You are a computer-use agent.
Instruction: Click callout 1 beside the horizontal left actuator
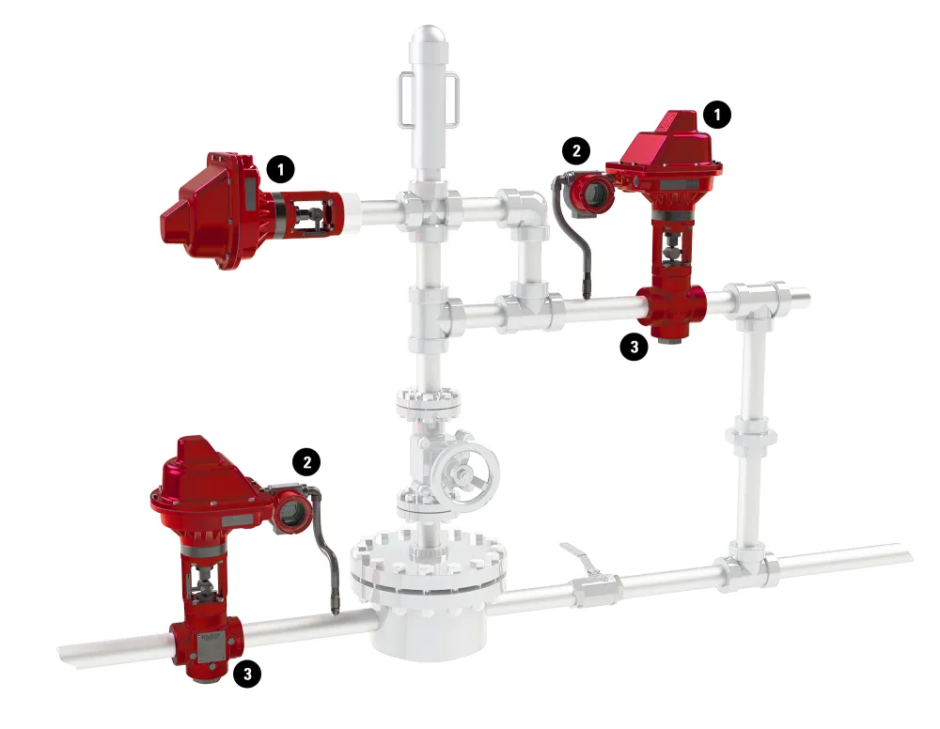coord(280,169)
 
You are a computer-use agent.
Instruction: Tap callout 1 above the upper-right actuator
coord(717,114)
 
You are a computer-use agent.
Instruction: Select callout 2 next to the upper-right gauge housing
coord(576,150)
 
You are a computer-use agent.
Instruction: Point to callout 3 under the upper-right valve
coord(634,347)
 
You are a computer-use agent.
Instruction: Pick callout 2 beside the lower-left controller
coord(306,462)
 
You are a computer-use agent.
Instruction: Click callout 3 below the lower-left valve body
coord(247,674)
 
